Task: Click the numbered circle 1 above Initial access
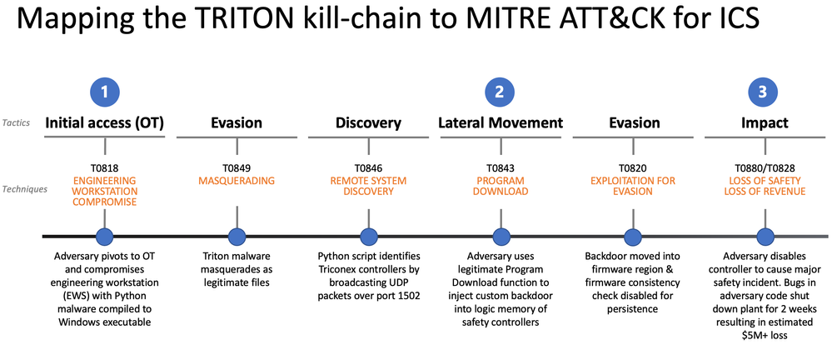(104, 92)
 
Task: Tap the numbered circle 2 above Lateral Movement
(500, 92)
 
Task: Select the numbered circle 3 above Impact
(763, 92)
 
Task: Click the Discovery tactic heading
(367, 123)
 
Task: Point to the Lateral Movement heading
(500, 123)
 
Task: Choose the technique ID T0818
(104, 166)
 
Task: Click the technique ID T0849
(236, 166)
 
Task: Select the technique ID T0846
(367, 166)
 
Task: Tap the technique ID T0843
(500, 166)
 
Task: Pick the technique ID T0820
(631, 166)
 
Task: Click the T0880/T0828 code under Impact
(763, 166)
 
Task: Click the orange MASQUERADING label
(236, 180)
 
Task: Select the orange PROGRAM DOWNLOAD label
(500, 186)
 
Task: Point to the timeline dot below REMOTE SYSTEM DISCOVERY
(367, 237)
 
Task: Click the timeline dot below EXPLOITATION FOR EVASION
(631, 237)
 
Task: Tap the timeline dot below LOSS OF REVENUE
(763, 237)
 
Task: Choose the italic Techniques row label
(24, 188)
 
